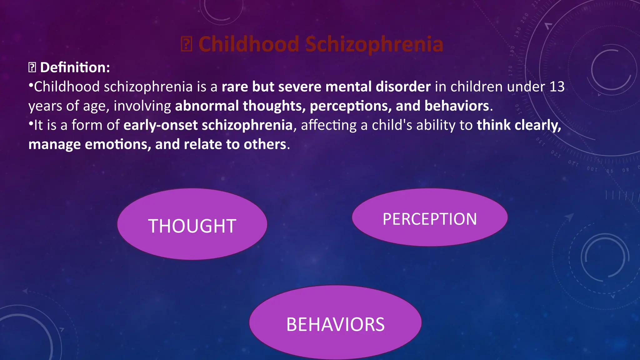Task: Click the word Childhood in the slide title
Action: [x=249, y=44]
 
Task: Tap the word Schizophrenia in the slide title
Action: [x=374, y=44]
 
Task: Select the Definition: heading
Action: [x=75, y=67]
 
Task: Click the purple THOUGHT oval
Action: [x=192, y=224]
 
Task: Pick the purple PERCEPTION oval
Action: [x=430, y=217]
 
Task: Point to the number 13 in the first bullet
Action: [x=557, y=87]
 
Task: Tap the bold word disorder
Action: [x=403, y=87]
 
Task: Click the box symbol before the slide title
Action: [x=186, y=44]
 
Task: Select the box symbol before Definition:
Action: [x=32, y=67]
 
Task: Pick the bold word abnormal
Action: [x=207, y=106]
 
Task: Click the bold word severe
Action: [x=300, y=87]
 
